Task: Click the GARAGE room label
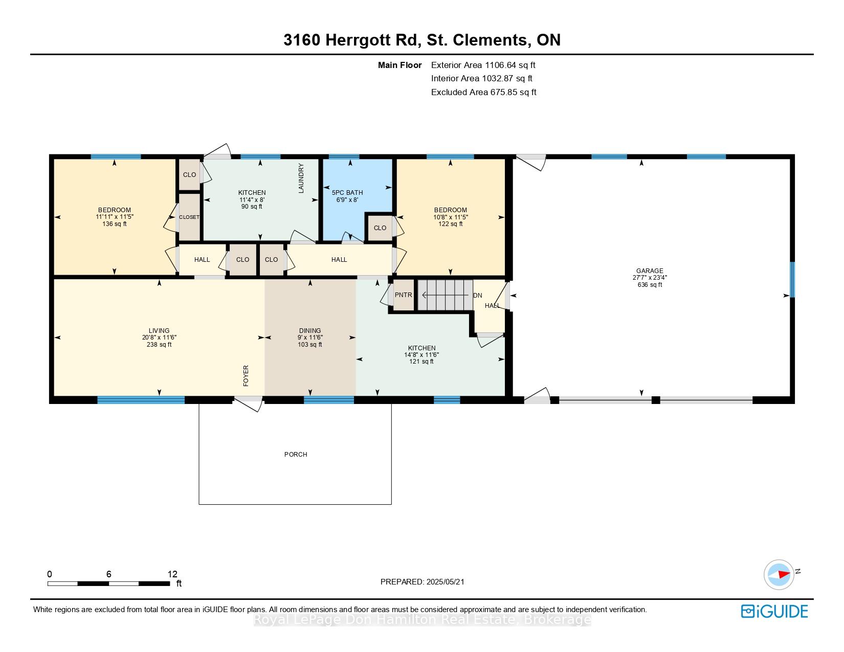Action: (x=650, y=271)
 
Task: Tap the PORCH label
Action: (x=296, y=454)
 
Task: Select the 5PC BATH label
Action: (x=347, y=193)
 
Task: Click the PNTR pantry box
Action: (x=404, y=295)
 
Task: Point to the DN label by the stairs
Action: (x=478, y=296)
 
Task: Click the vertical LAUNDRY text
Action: (x=301, y=178)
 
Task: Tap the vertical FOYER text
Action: (x=246, y=375)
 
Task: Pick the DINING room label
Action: (x=310, y=331)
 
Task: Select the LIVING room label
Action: (x=159, y=331)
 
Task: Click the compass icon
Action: (x=779, y=575)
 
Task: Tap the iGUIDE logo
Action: (x=774, y=611)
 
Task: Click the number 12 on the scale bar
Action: (x=172, y=574)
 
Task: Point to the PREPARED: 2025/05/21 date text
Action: (x=422, y=582)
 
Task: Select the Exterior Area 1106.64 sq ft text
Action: (x=483, y=65)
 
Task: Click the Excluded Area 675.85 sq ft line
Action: (x=483, y=92)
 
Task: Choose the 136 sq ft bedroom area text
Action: (x=114, y=224)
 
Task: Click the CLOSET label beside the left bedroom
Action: (x=189, y=217)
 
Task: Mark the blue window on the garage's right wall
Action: (x=792, y=280)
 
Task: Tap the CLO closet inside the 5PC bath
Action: (x=380, y=228)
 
